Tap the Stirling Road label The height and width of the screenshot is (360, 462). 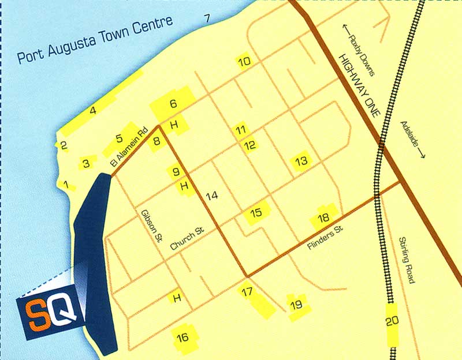[x=405, y=259]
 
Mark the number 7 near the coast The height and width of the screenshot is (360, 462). [x=207, y=18]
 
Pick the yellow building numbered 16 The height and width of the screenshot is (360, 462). [x=182, y=337]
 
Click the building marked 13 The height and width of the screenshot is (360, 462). [x=301, y=161]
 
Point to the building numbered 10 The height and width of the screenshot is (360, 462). [x=245, y=61]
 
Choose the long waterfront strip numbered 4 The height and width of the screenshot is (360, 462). [x=92, y=110]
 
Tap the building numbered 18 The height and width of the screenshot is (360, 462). [x=323, y=217]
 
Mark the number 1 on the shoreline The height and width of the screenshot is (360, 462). [x=68, y=186]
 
